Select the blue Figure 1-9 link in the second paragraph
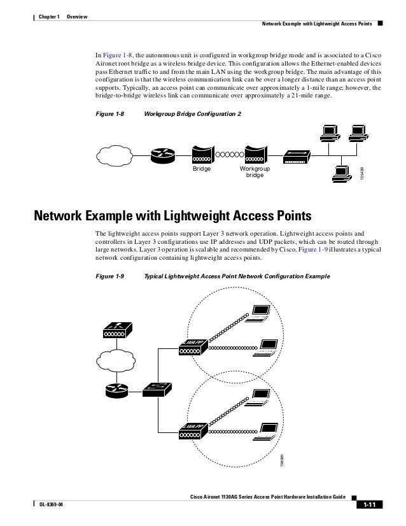335,250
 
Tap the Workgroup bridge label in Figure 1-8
255,171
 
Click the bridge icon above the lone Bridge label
202,153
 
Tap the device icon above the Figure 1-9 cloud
117,331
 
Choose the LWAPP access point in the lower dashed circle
193,430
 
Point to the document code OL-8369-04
52,505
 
